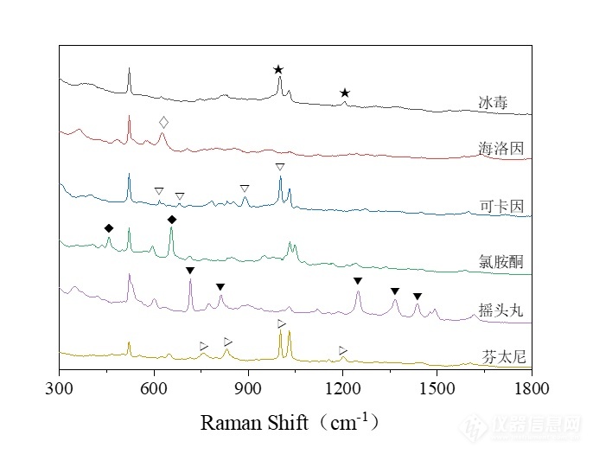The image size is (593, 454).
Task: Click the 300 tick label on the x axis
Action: (x=60, y=389)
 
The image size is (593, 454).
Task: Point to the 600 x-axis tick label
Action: (x=154, y=389)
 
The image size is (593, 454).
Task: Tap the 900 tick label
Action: (x=248, y=389)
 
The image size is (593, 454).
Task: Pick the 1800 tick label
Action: (x=531, y=389)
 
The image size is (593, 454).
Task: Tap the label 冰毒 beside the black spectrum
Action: (x=494, y=103)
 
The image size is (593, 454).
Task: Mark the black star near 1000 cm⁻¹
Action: (x=278, y=69)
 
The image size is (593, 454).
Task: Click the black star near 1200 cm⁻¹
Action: (x=345, y=93)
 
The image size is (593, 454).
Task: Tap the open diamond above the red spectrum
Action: (x=164, y=122)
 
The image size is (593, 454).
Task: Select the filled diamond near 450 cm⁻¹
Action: (x=109, y=228)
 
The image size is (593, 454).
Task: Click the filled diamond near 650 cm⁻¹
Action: (x=172, y=220)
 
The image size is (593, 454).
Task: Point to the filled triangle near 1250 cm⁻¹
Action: (x=358, y=281)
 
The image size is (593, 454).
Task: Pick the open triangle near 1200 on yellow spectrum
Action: (x=343, y=350)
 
